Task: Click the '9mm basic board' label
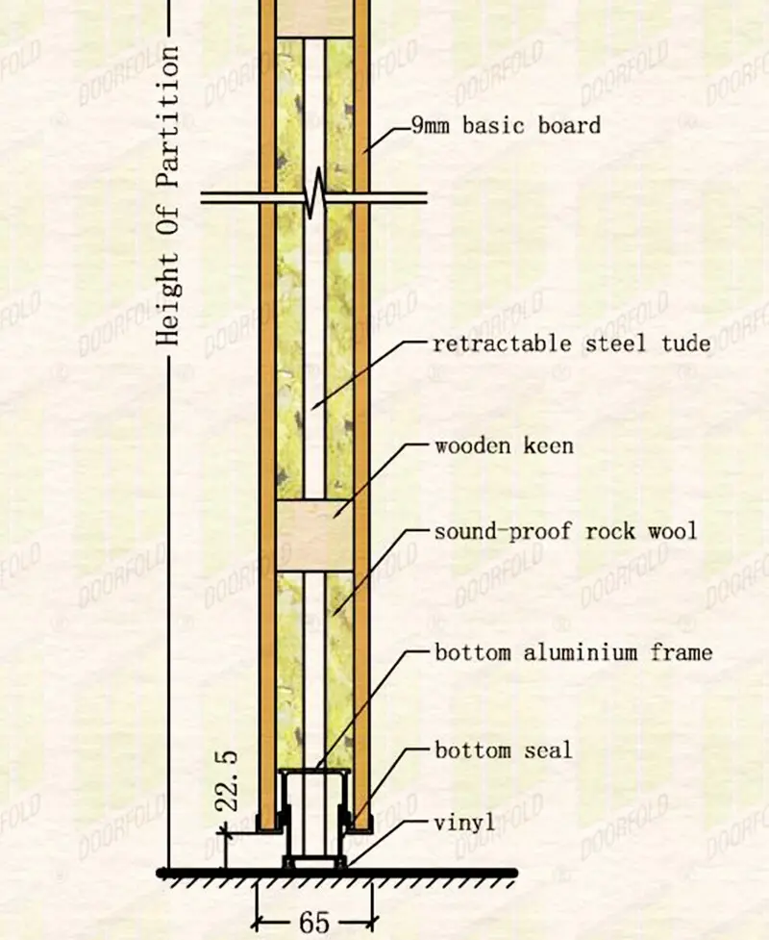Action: (x=506, y=125)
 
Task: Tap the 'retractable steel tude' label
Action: (x=572, y=343)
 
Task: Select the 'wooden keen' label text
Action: (x=504, y=445)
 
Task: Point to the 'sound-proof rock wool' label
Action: (x=565, y=531)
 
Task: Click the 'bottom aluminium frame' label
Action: (x=573, y=652)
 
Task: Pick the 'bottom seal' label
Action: (x=503, y=749)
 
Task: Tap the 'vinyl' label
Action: (x=464, y=823)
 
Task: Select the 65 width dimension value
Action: (x=314, y=922)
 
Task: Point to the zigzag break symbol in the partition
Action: (x=314, y=196)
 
